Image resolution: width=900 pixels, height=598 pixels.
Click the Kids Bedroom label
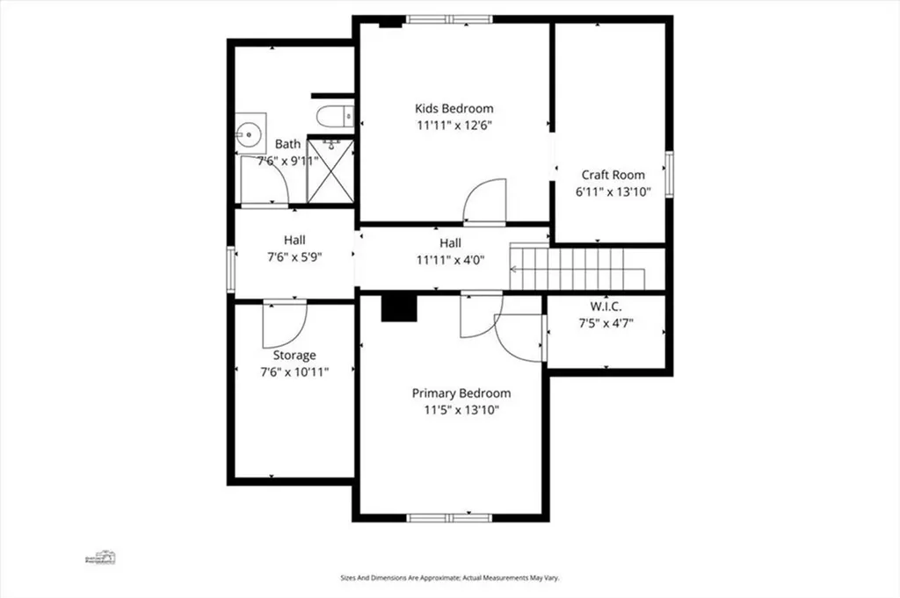click(x=454, y=109)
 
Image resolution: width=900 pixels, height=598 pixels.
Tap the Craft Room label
click(x=613, y=175)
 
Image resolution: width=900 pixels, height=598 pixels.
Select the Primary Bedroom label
click(x=461, y=393)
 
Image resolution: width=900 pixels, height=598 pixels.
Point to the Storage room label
click(x=294, y=356)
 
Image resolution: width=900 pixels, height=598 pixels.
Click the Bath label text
click(x=287, y=144)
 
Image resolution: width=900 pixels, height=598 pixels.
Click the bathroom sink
click(x=249, y=135)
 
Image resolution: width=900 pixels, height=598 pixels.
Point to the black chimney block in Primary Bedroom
click(x=398, y=309)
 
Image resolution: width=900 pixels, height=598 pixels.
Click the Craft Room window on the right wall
click(x=669, y=173)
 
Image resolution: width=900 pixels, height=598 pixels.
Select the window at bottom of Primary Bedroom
click(x=449, y=518)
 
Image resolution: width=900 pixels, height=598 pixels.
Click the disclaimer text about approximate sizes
click(x=450, y=578)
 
